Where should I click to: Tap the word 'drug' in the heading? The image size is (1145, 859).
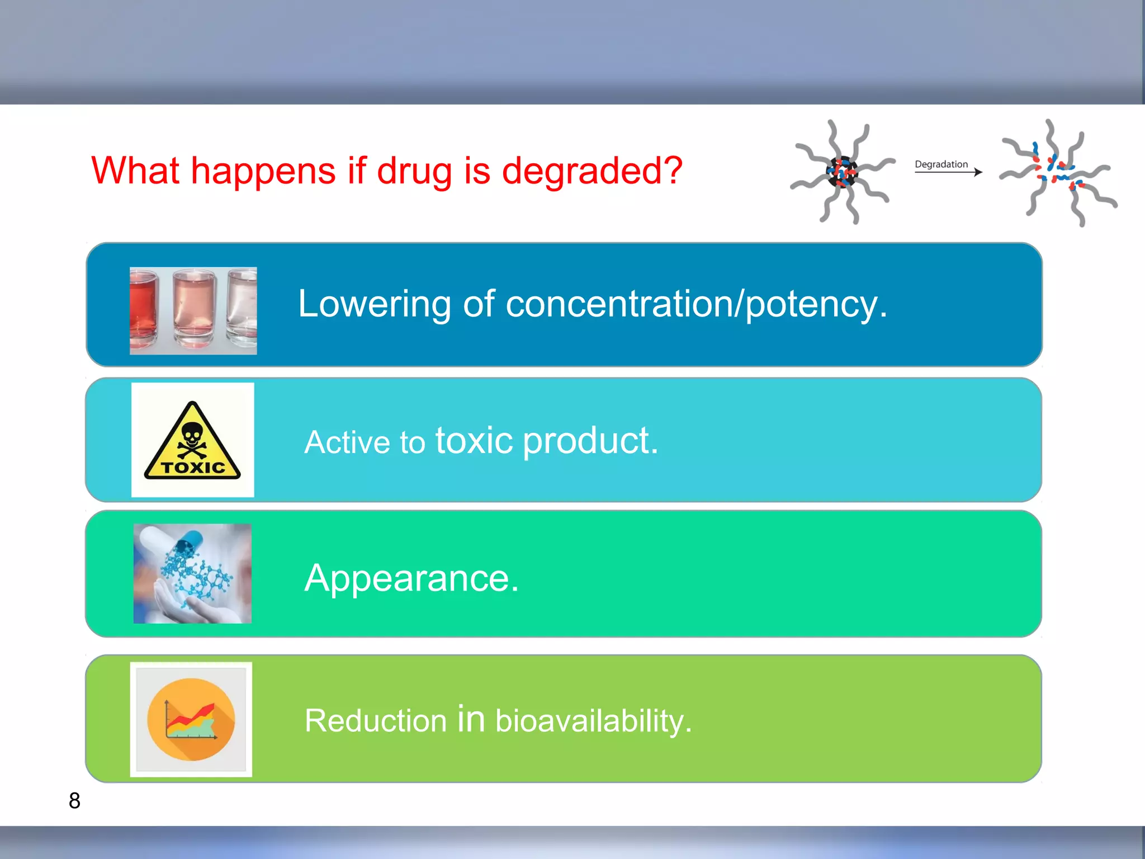click(x=414, y=171)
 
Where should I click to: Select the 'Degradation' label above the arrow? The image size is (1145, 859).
click(x=941, y=164)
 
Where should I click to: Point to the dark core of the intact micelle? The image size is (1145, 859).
click(x=841, y=172)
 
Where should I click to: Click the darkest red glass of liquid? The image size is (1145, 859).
click(x=144, y=310)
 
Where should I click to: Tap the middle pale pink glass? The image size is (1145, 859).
click(x=194, y=310)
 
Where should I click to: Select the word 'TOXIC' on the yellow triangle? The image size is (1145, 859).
click(x=192, y=468)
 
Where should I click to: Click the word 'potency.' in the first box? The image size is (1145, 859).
click(x=816, y=305)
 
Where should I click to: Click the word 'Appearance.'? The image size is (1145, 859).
click(x=411, y=578)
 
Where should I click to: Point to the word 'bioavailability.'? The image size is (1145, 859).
click(x=593, y=720)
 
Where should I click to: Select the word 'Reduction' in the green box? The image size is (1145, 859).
click(x=376, y=720)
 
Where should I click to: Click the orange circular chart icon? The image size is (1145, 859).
click(x=191, y=719)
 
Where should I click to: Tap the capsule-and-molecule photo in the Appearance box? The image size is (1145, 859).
click(x=192, y=573)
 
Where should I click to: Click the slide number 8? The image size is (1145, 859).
click(x=74, y=801)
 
